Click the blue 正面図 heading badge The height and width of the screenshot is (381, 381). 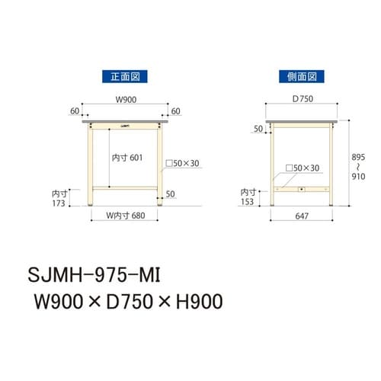(x=124, y=76)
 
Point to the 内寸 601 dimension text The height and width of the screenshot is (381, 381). (x=126, y=157)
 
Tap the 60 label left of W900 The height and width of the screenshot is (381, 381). (x=75, y=112)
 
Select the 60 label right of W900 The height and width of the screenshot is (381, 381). (x=175, y=112)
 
